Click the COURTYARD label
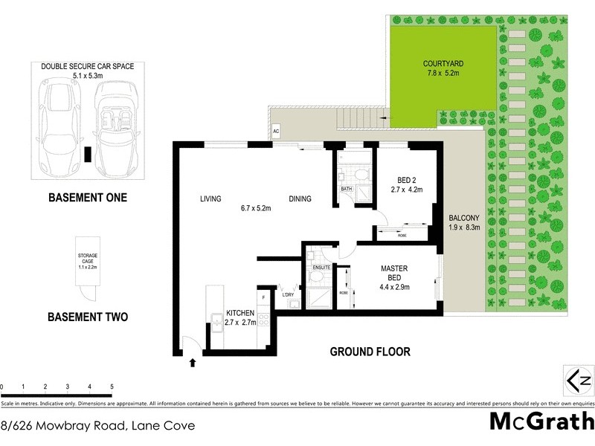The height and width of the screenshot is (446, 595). tap(445, 65)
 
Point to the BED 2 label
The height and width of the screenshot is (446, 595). tap(405, 178)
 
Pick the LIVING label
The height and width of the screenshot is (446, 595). tap(212, 198)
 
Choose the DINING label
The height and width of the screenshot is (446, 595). tap(300, 198)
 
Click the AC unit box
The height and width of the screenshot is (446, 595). tap(276, 129)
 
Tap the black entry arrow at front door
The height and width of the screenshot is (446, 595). tap(193, 363)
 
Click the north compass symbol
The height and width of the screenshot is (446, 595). tap(579, 381)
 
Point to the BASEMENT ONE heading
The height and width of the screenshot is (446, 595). tap(87, 198)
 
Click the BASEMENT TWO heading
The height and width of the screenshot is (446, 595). tap(87, 317)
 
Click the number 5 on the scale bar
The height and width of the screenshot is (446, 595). tap(111, 387)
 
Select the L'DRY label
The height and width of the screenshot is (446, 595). tap(289, 295)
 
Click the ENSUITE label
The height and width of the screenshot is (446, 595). tap(321, 266)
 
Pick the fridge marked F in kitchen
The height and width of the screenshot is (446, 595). tap(263, 287)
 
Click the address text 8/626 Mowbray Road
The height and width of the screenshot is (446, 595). tap(98, 426)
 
